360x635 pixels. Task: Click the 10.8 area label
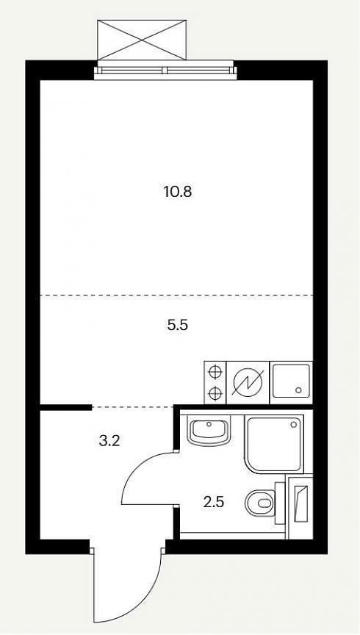tap(177, 192)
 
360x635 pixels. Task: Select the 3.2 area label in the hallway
tap(109, 441)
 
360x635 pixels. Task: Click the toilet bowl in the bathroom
tap(260, 503)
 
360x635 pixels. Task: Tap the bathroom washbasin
tap(209, 431)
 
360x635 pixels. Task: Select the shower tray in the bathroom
tap(274, 443)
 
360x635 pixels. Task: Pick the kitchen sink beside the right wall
tap(291, 381)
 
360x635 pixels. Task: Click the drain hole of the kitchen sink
tap(299, 390)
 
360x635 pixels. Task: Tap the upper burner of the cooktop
tap(215, 371)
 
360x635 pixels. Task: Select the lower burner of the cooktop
tap(215, 392)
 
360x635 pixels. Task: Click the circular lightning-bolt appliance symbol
tap(247, 383)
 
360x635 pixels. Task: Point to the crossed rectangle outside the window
tap(142, 40)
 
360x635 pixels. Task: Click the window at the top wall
tap(165, 71)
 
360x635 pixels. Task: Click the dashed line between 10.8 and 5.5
tap(176, 295)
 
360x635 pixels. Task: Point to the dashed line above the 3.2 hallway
tap(133, 406)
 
